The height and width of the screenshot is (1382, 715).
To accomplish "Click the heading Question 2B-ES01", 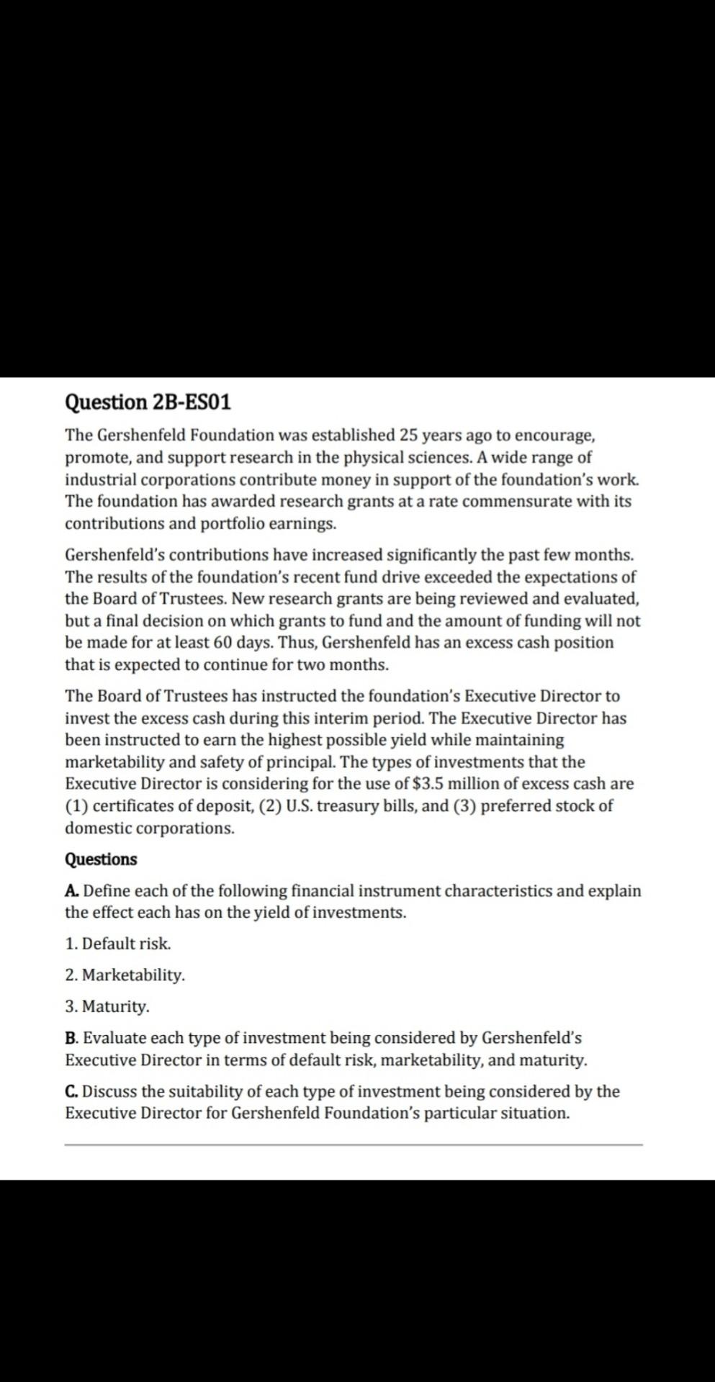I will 148,402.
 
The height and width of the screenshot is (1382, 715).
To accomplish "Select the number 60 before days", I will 222,642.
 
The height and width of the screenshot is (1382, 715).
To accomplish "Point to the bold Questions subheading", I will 101,859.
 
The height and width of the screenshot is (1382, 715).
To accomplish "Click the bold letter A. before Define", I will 72,891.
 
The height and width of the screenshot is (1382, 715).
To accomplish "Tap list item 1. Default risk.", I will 118,944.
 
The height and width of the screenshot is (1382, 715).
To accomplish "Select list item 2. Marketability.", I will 125,975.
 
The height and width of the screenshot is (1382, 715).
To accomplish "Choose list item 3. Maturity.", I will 107,1006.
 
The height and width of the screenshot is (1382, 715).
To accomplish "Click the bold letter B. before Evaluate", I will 72,1038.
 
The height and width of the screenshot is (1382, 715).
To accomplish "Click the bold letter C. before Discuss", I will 72,1091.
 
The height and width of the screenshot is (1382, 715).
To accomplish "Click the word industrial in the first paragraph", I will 100,479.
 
